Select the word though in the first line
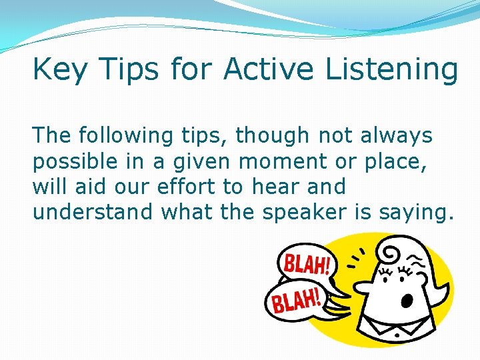tap(273, 136)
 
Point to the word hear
tap(274, 186)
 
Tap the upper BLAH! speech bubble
tap(306, 264)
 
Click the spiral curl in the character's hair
tap(387, 251)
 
